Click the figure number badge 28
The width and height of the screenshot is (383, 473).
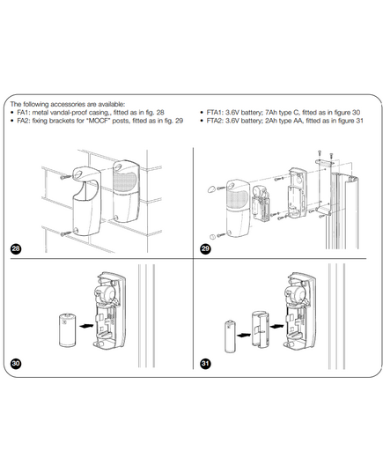(16, 248)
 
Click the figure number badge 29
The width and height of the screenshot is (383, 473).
(205, 248)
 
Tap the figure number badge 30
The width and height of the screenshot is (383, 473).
(16, 363)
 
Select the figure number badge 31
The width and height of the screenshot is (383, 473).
(205, 363)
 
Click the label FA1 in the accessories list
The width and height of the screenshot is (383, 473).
(23, 113)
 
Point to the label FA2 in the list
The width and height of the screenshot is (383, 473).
(23, 121)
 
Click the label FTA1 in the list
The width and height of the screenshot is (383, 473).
(214, 113)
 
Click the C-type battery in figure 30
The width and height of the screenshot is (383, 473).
(68, 330)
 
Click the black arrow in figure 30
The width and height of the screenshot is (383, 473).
(86, 326)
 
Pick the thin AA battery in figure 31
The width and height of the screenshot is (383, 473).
(231, 336)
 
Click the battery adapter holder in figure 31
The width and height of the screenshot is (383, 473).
(261, 329)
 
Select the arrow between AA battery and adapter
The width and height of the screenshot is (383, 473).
(244, 335)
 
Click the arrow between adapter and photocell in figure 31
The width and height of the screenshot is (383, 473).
(276, 326)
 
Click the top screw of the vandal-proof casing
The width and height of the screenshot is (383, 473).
(65, 177)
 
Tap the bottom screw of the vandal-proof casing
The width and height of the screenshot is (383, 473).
(65, 233)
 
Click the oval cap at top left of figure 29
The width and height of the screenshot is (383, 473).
(211, 189)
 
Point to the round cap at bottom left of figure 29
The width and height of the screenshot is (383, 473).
(212, 236)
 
